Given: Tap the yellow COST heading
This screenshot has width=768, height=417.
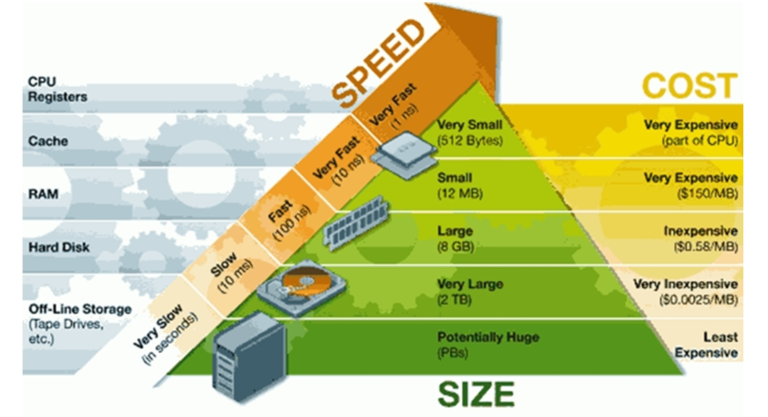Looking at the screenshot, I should coord(689,86).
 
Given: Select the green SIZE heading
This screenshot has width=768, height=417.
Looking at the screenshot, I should coord(476,394).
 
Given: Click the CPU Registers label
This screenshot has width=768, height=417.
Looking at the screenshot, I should coord(57,89).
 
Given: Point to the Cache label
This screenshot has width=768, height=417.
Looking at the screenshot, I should coord(48,141).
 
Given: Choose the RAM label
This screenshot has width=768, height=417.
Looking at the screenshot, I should coord(43,194).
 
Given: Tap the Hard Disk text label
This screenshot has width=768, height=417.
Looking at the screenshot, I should coord(59,247).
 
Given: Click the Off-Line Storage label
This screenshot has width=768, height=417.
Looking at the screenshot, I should coord(80,309).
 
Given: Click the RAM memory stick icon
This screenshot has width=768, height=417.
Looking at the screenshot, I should coord(356,222).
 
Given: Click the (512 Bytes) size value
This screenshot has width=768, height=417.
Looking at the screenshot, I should coord(469,141).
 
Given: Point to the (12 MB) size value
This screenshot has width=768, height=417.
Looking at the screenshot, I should coord(459,194).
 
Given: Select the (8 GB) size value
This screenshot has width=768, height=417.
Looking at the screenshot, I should coord(455,247).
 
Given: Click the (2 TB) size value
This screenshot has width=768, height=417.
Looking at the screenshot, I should coord(454,300).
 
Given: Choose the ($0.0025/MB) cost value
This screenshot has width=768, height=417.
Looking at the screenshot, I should coord(698,300).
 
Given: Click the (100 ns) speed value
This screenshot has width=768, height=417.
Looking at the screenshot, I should coord(292,224).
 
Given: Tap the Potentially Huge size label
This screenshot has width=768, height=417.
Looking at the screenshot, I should coord(488,337).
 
